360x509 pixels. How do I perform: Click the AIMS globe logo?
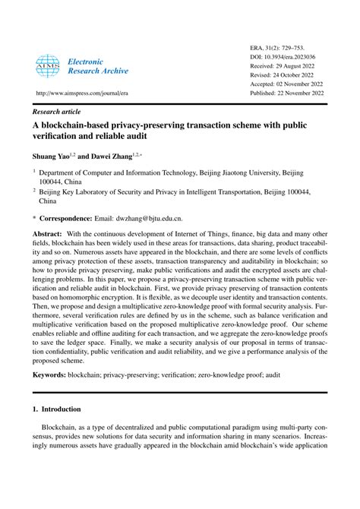tap(48, 65)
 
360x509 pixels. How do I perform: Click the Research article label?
tap(58, 110)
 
